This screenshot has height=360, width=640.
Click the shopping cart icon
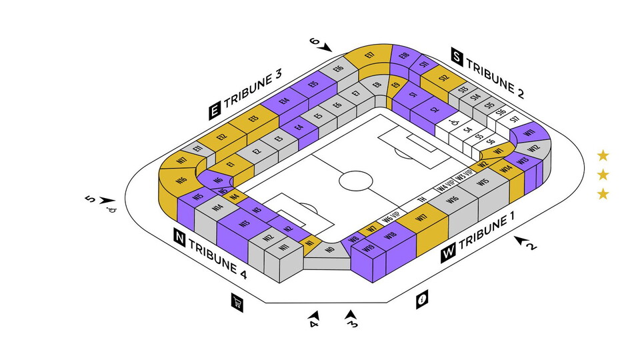(237, 302)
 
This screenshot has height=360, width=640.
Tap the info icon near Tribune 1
(421, 300)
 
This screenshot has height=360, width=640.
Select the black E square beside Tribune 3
(215, 111)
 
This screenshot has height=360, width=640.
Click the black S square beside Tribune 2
(457, 57)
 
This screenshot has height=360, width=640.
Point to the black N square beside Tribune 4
(179, 237)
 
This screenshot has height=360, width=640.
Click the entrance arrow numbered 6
(326, 47)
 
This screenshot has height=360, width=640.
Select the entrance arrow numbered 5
(108, 201)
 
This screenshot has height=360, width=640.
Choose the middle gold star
(603, 175)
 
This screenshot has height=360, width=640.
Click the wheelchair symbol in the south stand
(453, 123)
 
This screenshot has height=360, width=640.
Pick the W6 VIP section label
(390, 217)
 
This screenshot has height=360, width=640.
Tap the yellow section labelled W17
(421, 217)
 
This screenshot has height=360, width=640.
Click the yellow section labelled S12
(443, 78)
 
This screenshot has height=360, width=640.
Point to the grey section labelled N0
(329, 249)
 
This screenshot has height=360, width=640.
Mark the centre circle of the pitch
(357, 181)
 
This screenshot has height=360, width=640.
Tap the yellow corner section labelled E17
(370, 55)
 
